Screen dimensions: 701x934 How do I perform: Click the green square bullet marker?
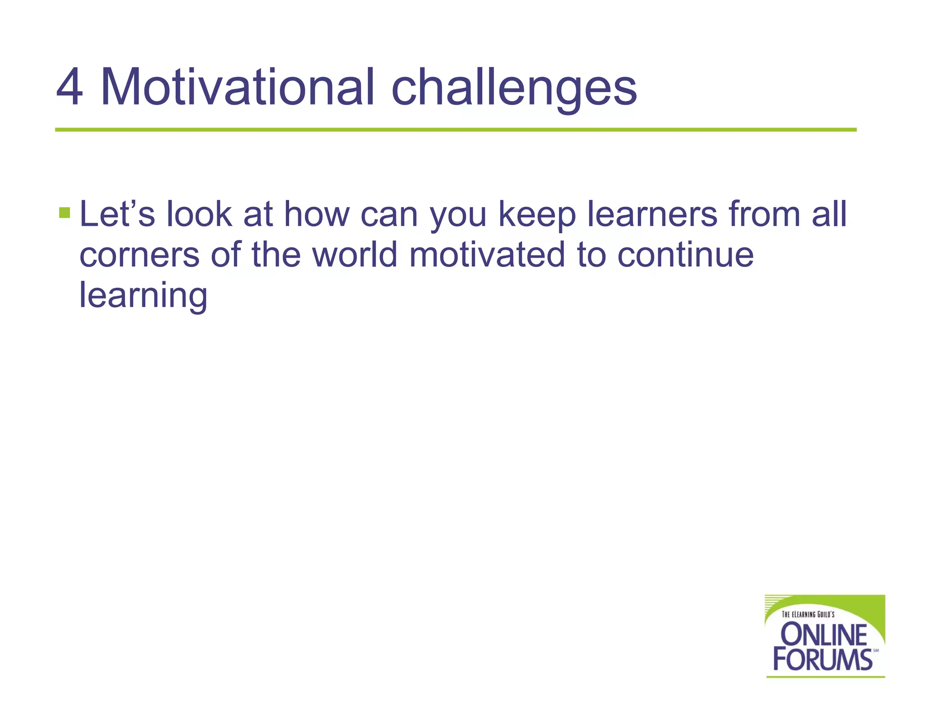64,213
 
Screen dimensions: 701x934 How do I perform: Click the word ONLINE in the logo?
824,635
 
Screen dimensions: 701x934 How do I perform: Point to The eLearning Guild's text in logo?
808,614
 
